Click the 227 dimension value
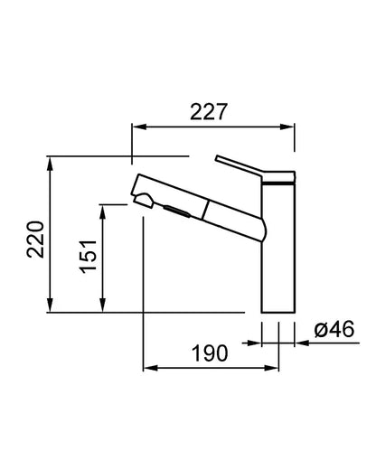(208, 112)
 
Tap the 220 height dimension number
(35, 240)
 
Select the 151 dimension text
(89, 257)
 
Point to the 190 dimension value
(210, 353)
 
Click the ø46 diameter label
(334, 329)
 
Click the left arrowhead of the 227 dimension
(139, 127)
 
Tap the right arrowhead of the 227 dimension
(287, 127)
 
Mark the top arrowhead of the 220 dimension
(51, 164)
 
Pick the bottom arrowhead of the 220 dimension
(51, 305)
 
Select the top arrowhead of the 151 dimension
(103, 211)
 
